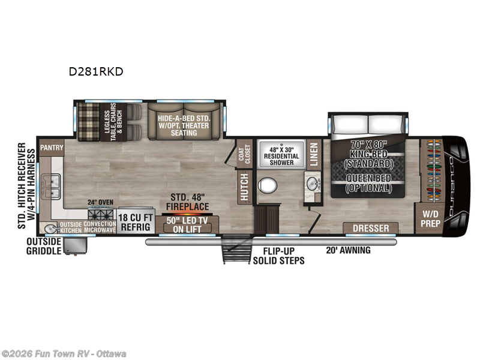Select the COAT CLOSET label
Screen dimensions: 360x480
pos(243,153)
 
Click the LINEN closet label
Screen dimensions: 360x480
pos(313,152)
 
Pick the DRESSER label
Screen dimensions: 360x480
pos(371,229)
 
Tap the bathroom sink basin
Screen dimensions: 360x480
pos(311,182)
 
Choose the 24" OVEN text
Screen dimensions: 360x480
pos(100,202)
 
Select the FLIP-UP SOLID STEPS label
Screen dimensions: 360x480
pos(278,256)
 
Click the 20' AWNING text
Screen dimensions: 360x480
pos(347,250)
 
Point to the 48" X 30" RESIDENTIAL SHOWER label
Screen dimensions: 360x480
pos(281,154)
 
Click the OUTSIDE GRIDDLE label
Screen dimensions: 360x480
pos(44,246)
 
